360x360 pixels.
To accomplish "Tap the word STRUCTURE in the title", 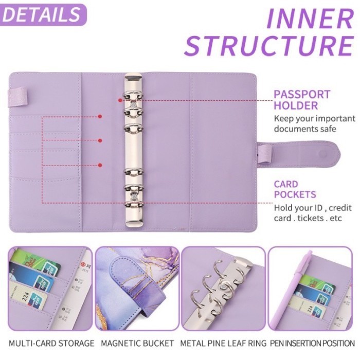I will tap(268, 45).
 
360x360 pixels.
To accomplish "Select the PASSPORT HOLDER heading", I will tap(301, 100).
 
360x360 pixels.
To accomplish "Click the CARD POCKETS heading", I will tap(295, 189).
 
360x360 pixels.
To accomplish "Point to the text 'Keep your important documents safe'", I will tap(314, 123).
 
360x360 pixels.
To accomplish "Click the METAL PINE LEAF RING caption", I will tap(223, 343).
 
